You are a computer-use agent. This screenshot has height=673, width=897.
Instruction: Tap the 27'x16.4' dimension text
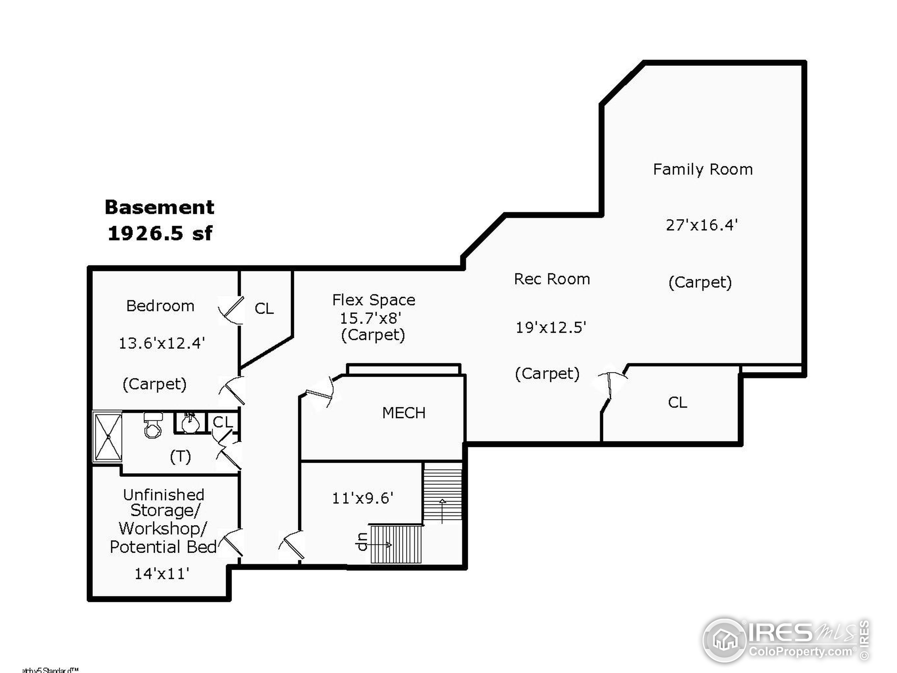click(x=701, y=225)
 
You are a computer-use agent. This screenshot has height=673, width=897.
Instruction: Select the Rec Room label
click(x=552, y=279)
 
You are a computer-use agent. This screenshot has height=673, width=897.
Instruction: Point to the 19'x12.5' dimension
click(x=551, y=327)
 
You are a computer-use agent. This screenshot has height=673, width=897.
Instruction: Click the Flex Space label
click(x=374, y=300)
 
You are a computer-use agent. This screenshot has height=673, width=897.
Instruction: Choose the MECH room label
click(x=404, y=413)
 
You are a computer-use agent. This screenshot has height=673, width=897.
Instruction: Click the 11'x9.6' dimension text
click(x=363, y=498)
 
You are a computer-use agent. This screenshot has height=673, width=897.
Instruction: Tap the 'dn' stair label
click(x=362, y=542)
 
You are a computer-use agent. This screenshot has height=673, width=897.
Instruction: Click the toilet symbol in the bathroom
click(x=153, y=426)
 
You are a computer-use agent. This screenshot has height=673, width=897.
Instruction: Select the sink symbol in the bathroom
click(x=190, y=423)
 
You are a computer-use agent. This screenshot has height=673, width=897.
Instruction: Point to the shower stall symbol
click(x=108, y=437)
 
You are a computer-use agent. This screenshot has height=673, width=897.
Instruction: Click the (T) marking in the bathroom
click(x=180, y=457)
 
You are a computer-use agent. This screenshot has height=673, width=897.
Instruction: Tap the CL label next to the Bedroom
click(x=264, y=309)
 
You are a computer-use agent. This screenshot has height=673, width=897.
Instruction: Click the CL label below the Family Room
click(x=677, y=402)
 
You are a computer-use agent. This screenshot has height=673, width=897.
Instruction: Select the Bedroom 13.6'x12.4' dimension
click(x=162, y=344)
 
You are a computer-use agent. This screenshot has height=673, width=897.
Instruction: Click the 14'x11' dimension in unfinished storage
click(x=162, y=573)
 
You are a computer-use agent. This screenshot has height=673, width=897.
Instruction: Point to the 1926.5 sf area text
click(x=160, y=233)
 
